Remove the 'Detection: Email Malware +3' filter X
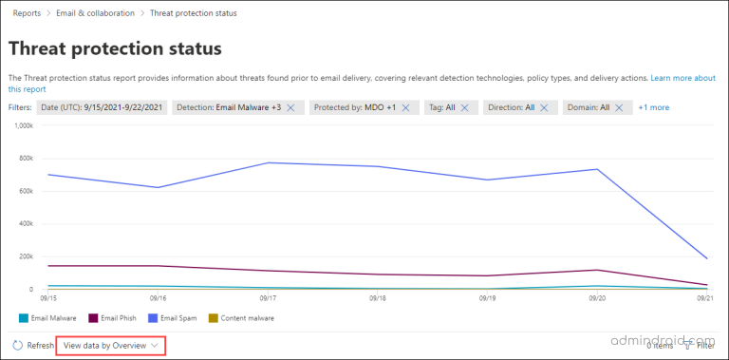pyautogui.click(x=291, y=107)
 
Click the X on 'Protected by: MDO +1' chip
pyautogui.click(x=405, y=107)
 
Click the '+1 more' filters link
pyautogui.click(x=653, y=107)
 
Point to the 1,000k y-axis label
pyautogui.click(x=24, y=124)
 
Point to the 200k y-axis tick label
pyautogui.click(x=26, y=256)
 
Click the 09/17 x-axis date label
pyautogui.click(x=268, y=298)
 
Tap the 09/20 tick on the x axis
pyautogui.click(x=597, y=298)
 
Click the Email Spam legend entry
pyautogui.click(x=174, y=317)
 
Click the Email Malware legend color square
pyautogui.click(x=22, y=317)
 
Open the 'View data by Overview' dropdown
pyautogui.click(x=110, y=346)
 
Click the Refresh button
pyautogui.click(x=33, y=346)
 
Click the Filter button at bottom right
pyautogui.click(x=700, y=346)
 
